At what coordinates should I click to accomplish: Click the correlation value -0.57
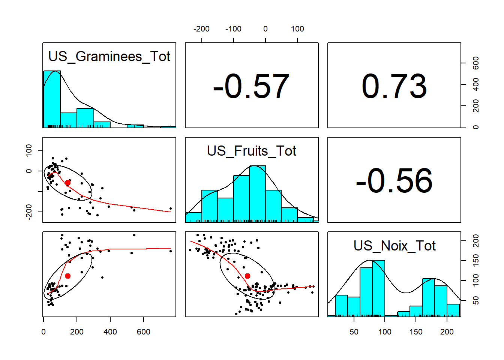(251, 87)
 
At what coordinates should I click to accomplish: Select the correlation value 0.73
(394, 87)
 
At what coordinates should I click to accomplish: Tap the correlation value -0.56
(394, 181)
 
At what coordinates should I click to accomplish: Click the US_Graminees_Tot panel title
(109, 57)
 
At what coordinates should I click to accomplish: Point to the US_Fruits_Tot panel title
(252, 151)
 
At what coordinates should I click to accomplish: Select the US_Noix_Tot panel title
(394, 246)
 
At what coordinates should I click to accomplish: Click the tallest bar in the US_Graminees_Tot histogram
(52, 99)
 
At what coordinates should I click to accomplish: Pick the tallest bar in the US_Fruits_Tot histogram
(257, 193)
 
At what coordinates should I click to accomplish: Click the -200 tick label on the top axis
(201, 29)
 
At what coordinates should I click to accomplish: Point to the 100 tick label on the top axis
(297, 29)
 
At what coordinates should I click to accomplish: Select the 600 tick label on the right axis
(476, 63)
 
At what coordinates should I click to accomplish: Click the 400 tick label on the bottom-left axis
(110, 332)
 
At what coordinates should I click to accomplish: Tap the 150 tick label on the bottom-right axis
(416, 332)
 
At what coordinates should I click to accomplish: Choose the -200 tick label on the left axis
(29, 212)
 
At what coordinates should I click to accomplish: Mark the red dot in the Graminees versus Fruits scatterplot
(68, 183)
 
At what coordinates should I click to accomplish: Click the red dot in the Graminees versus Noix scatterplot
(68, 276)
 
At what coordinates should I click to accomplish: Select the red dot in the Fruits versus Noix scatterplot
(247, 276)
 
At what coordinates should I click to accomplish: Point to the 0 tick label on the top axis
(265, 29)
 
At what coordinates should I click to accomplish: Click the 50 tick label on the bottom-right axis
(354, 332)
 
